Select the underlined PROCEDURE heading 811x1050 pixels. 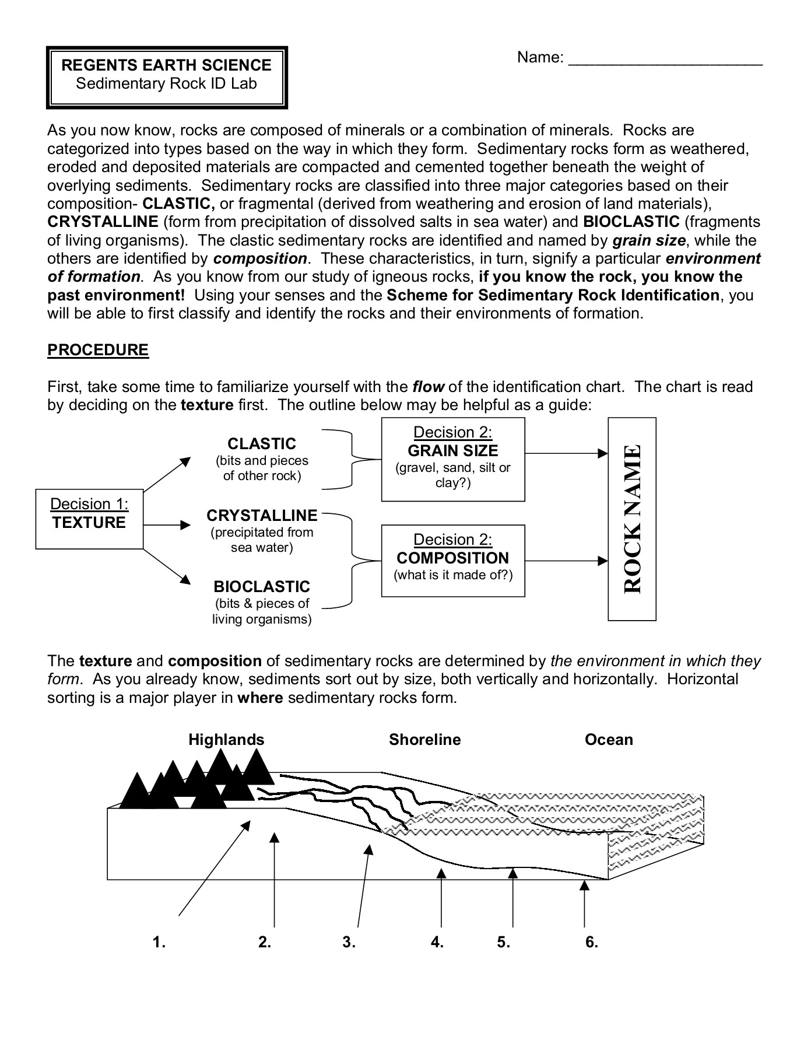98,350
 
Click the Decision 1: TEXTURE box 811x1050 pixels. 89,519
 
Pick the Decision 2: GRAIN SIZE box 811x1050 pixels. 453,459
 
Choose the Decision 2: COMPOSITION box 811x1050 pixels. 453,560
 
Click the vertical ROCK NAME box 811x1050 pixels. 632,519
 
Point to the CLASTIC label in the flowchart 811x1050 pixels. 262,444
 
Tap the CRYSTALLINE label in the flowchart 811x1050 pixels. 262,516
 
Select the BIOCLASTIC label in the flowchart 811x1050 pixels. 262,587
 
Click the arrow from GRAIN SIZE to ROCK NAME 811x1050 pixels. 566,453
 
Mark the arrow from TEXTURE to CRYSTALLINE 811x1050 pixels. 167,525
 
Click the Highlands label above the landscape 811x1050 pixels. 226,740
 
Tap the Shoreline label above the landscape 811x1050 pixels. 424,740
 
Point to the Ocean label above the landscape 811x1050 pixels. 609,740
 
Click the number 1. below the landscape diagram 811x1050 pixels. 159,942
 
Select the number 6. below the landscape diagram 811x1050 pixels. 592,942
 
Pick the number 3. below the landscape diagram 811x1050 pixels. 349,942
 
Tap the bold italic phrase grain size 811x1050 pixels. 649,240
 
